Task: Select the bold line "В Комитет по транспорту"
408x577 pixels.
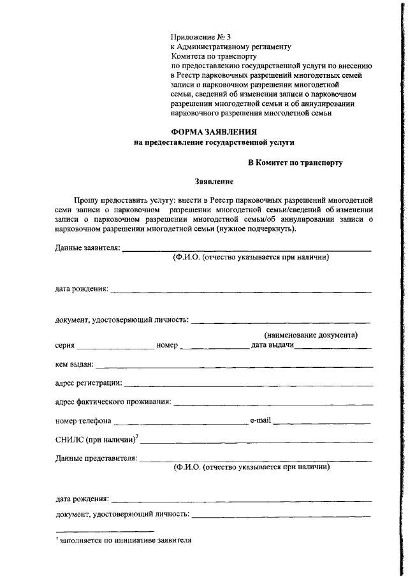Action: click(295, 163)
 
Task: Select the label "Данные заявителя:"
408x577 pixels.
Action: click(87, 247)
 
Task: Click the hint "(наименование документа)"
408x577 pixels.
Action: click(310, 335)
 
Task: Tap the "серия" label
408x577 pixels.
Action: click(65, 346)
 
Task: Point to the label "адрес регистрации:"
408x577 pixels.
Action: click(89, 383)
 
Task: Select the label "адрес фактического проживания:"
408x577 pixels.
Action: click(113, 402)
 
